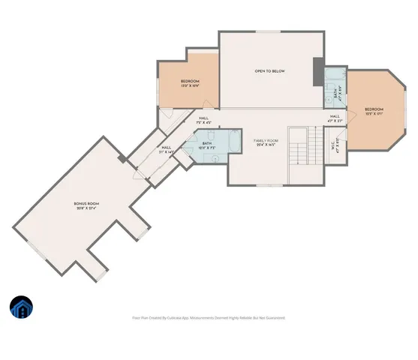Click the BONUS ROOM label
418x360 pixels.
[x=86, y=203]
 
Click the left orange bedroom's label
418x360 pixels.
[x=189, y=81]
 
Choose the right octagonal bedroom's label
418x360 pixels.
[x=373, y=109]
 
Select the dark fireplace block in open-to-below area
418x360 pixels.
[x=317, y=70]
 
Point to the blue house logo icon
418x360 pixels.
[x=21, y=307]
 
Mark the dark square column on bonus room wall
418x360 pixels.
[x=122, y=159]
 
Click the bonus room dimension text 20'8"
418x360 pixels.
[x=80, y=208]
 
